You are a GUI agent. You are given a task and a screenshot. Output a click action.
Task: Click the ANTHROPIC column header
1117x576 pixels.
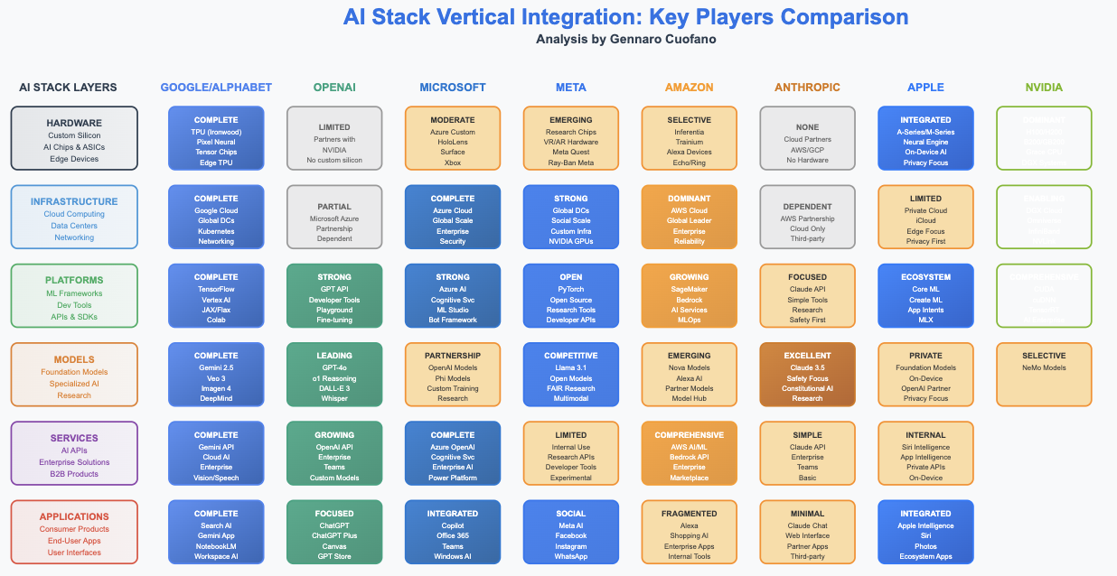807,88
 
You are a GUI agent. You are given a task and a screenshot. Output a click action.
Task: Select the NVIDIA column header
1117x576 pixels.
1044,88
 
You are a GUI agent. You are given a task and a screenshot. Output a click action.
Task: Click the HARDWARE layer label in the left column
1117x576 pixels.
74,123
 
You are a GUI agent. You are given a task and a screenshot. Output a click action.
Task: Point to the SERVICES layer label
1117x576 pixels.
74,438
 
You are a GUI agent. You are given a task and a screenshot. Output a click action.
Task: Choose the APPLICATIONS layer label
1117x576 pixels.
74,516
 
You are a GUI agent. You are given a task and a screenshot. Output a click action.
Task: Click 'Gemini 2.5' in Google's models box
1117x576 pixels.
216,367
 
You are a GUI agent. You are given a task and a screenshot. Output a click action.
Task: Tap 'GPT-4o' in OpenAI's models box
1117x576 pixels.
334,367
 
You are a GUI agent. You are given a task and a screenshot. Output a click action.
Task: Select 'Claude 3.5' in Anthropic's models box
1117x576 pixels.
807,367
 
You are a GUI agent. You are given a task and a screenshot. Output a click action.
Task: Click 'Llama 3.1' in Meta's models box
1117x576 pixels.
571,367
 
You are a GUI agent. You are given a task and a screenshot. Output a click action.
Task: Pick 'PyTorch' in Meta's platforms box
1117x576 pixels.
571,289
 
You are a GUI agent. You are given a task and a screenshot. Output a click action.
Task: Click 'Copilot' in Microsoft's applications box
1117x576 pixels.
453,525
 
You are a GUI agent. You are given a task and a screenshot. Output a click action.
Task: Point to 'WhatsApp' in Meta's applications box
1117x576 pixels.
571,556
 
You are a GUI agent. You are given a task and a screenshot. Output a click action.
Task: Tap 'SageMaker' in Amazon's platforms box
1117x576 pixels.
690,289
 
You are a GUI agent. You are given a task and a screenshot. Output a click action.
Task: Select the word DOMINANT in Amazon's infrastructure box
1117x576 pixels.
690,199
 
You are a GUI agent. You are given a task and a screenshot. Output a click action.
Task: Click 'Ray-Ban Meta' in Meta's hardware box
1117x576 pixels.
571,163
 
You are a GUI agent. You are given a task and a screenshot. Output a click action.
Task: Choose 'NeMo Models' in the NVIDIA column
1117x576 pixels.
1044,367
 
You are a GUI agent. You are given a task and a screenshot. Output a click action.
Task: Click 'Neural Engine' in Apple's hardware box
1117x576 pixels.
925,142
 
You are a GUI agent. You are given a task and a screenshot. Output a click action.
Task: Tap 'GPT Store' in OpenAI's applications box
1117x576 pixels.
334,556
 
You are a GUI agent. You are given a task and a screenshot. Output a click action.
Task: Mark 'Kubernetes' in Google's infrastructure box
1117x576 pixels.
216,231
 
